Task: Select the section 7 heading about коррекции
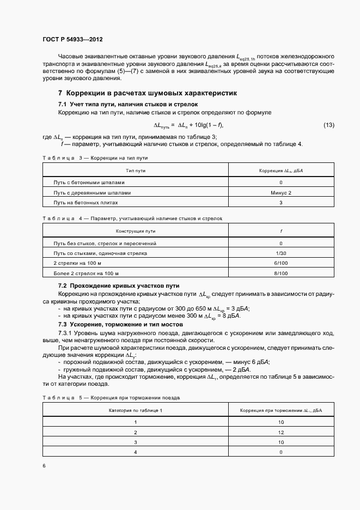click(x=147, y=93)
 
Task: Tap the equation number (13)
click(x=328, y=125)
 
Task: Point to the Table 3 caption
click(x=95, y=157)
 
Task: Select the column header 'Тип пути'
click(x=136, y=171)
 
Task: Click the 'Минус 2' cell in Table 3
click(x=280, y=193)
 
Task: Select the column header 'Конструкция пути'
click(x=136, y=231)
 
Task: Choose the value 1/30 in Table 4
click(x=280, y=253)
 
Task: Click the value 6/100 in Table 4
click(x=280, y=263)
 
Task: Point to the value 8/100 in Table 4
click(x=280, y=274)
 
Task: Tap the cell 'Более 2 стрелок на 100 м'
click(x=86, y=274)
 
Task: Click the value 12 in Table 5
click(x=281, y=432)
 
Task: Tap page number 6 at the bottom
click(x=44, y=466)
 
